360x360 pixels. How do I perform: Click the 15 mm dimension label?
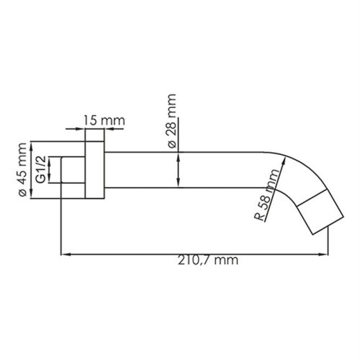(x=101, y=120)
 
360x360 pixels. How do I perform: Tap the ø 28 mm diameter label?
(x=171, y=120)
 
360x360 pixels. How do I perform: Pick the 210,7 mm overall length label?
(x=206, y=260)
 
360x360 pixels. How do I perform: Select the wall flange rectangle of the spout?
(x=94, y=171)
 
